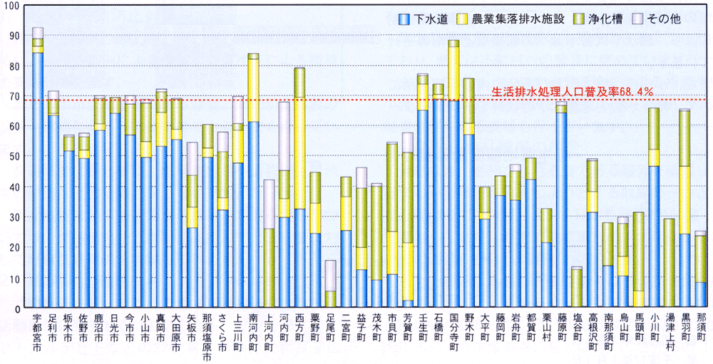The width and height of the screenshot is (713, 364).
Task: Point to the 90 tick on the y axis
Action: [x=14, y=35]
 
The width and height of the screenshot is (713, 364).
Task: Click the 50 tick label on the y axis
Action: [x=14, y=156]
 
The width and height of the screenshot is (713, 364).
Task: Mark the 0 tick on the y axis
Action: [x=16, y=308]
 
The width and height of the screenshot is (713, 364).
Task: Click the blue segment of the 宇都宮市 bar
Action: [x=37, y=178]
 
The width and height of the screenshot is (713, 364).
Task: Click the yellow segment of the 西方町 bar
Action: [x=299, y=153]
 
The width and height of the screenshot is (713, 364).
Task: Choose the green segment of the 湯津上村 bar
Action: [x=669, y=263]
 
